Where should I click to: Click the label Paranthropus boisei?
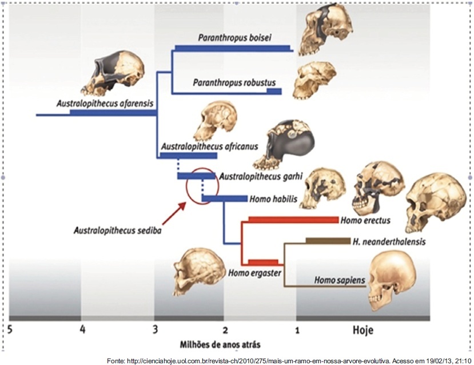tap(234, 38)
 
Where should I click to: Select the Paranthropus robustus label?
tap(234, 82)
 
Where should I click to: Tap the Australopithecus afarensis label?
tap(105, 104)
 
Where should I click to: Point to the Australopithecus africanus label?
tap(209, 146)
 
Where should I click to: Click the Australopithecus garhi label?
tap(261, 176)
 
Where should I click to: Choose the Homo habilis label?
tap(273, 199)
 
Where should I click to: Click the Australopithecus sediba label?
tap(117, 231)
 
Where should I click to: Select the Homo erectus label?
tap(365, 220)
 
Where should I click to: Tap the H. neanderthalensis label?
tap(389, 241)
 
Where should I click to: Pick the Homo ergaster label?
tap(254, 273)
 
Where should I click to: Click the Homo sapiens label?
tap(340, 280)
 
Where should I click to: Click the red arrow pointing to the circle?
tap(174, 213)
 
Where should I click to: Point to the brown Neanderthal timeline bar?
tap(328, 241)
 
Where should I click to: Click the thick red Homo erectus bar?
tap(293, 220)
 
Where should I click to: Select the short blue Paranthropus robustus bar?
tap(274, 92)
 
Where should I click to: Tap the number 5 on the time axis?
tap(10, 329)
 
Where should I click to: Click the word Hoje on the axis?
tap(363, 330)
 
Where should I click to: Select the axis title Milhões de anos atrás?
tap(220, 344)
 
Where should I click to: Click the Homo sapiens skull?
tap(392, 281)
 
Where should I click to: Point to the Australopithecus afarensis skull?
tap(112, 73)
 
